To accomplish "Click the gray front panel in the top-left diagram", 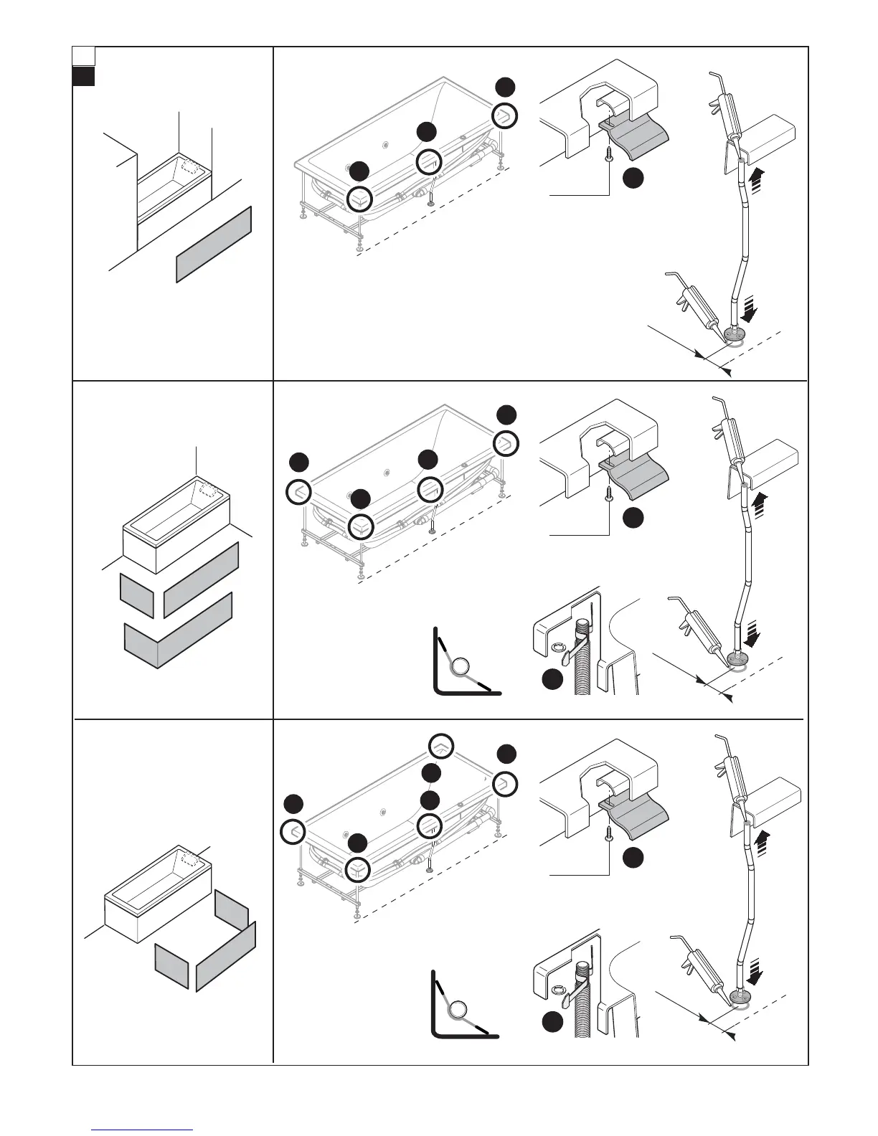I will pyautogui.click(x=214, y=245).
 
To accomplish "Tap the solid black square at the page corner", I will pyautogui.click(x=83, y=77).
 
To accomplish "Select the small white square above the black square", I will pyautogui.click(x=83, y=55).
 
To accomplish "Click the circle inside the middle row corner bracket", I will pyautogui.click(x=461, y=666).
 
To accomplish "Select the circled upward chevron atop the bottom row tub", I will pyautogui.click(x=441, y=746).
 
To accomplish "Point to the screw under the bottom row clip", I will pyautogui.click(x=609, y=834).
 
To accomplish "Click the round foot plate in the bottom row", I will pyautogui.click(x=738, y=995).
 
